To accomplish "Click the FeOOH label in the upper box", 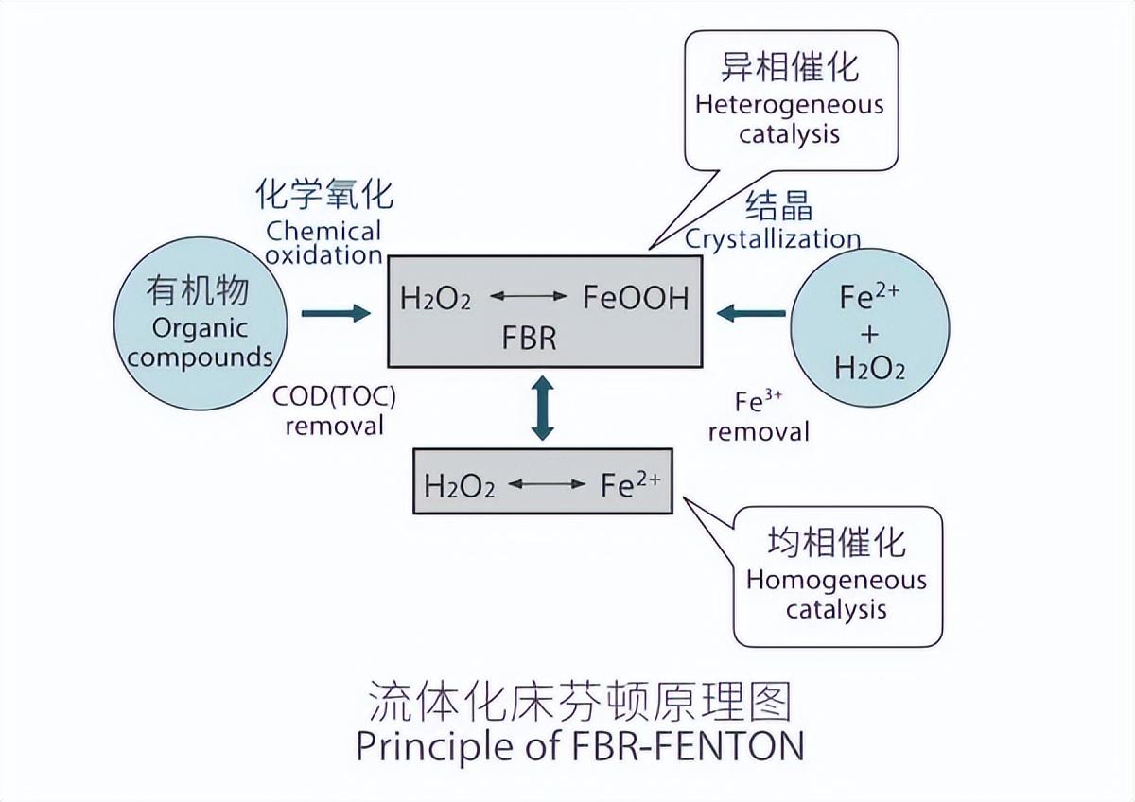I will click(x=636, y=298).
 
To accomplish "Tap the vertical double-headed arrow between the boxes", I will click(x=542, y=408).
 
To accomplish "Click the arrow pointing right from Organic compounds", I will click(x=336, y=313).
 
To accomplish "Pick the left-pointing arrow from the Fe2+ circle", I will click(x=751, y=313).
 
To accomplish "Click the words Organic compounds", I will click(x=200, y=343).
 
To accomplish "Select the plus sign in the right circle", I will click(x=870, y=333).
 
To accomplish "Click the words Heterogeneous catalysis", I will click(x=789, y=118).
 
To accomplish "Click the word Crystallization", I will click(x=773, y=238).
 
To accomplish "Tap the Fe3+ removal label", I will click(x=759, y=417).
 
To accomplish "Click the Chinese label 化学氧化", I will click(x=324, y=195).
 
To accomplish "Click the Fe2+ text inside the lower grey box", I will click(x=630, y=485).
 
